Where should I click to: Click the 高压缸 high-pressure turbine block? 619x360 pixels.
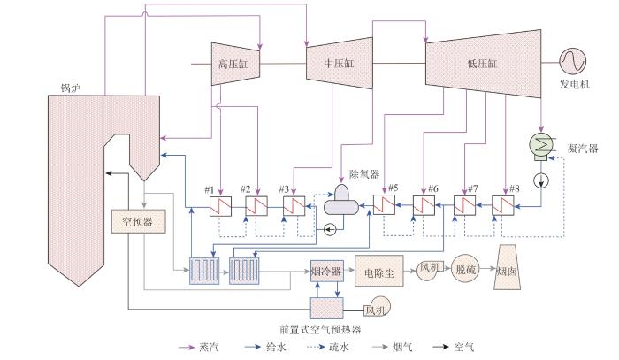coord(235,64)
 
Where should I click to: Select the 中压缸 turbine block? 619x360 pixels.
coord(340,63)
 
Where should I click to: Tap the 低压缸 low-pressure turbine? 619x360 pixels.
coord(483,64)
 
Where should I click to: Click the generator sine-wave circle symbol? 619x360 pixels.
coord(572,61)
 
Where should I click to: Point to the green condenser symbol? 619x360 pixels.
coord(541,145)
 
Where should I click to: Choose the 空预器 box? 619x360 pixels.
coord(138,221)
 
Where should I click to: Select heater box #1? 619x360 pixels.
coord(220,206)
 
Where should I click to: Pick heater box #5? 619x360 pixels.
coord(384,205)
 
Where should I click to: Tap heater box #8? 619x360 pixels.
coord(503,205)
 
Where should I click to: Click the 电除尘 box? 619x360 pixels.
coord(379,271)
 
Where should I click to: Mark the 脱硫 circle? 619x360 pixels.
coord(466,269)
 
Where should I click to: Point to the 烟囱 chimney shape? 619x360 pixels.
coord(507,267)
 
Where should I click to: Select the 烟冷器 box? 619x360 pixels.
coord(327,271)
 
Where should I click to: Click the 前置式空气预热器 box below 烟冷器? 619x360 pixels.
coord(327,308)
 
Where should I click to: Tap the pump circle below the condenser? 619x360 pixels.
coord(541,180)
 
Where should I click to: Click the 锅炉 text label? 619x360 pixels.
coord(70,88)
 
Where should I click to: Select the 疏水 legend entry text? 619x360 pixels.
coord(339,348)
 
